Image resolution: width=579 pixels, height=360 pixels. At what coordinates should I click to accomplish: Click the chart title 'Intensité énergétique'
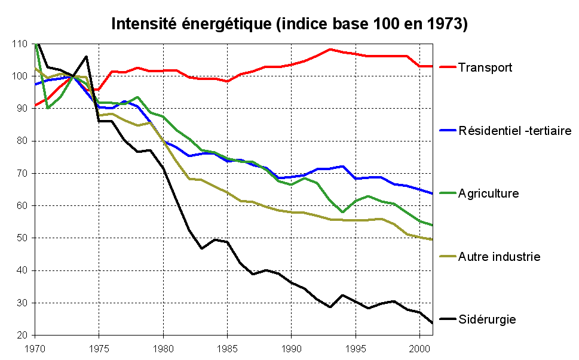click(289, 24)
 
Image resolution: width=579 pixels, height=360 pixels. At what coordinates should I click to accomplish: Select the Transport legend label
click(485, 67)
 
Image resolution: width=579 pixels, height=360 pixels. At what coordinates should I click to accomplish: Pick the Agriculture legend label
click(488, 193)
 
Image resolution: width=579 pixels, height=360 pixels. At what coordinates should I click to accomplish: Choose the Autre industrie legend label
click(499, 257)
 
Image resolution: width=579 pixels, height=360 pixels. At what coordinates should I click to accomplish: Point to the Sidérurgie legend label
click(487, 320)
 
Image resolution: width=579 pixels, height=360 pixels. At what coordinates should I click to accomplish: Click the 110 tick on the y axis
click(20, 44)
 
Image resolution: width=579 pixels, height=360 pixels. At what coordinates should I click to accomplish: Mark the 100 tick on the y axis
click(20, 76)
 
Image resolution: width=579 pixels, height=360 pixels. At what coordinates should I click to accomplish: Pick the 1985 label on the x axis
click(227, 347)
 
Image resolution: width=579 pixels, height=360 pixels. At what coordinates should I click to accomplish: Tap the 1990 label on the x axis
click(291, 347)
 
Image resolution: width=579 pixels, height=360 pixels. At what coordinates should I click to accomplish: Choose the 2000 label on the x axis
click(419, 347)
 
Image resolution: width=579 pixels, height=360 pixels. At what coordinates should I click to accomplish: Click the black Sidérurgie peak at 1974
click(87, 57)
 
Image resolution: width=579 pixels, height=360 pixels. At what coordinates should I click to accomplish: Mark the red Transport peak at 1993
click(330, 50)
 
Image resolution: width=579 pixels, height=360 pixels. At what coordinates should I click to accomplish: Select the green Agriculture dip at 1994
click(342, 212)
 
